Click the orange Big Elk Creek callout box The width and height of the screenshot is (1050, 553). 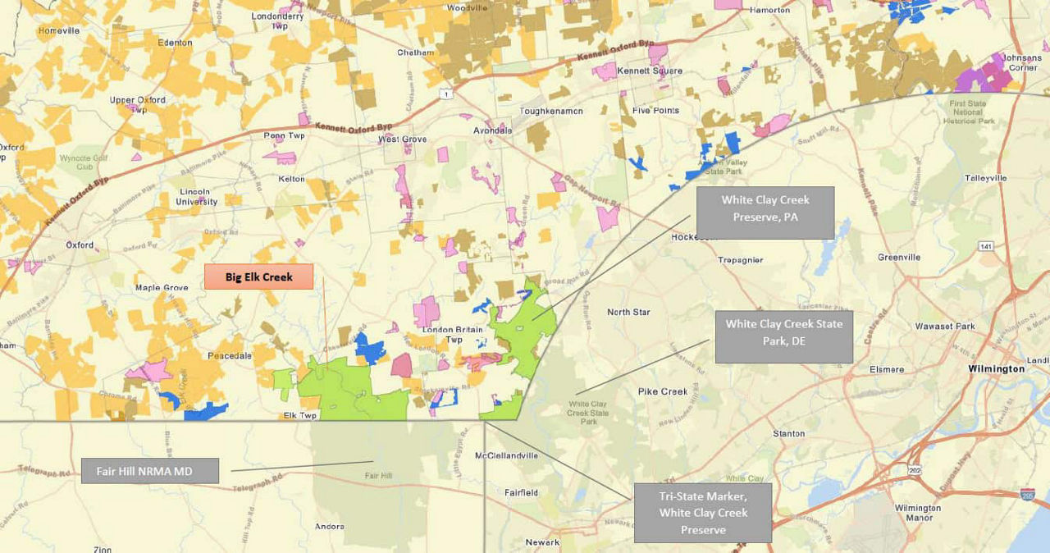[258, 276]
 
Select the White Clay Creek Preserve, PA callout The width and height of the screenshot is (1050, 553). [765, 213]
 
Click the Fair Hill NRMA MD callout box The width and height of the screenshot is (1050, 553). [150, 471]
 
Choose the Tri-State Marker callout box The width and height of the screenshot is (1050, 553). [702, 513]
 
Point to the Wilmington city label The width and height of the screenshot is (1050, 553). [996, 369]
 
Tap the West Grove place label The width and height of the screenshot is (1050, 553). [402, 139]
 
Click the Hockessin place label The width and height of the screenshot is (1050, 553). [694, 237]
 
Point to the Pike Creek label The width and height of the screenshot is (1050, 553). [662, 391]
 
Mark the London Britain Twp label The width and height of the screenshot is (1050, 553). [454, 335]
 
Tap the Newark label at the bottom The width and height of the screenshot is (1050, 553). [542, 542]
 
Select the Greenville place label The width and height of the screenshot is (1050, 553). [898, 257]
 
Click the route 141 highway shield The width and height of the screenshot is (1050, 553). [984, 246]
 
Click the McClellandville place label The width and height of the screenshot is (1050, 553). [506, 455]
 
